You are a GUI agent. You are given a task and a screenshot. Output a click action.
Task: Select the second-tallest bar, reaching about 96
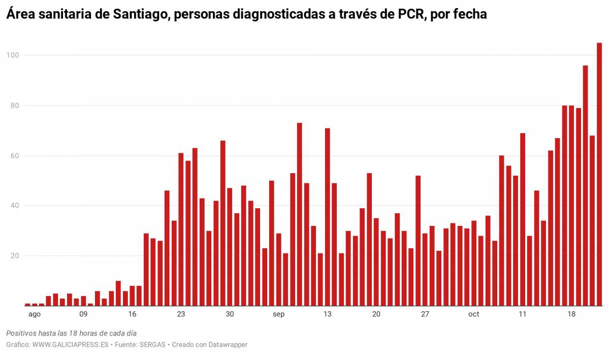(x=585, y=185)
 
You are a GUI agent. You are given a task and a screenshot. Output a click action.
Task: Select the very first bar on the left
(x=27, y=305)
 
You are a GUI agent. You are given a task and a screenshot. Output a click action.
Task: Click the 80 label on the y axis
(x=14, y=106)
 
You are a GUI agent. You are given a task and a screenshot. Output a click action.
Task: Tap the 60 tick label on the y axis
(x=14, y=156)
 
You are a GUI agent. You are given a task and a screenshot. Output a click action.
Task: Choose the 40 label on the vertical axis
(x=14, y=206)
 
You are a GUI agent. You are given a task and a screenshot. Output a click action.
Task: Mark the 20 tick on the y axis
(x=14, y=256)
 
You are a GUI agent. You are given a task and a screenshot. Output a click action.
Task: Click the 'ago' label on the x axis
(x=34, y=314)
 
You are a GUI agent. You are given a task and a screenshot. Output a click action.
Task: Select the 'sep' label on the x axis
(x=278, y=314)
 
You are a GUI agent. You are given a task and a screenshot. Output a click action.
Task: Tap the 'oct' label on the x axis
(x=473, y=314)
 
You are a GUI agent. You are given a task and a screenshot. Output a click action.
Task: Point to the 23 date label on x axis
(x=181, y=314)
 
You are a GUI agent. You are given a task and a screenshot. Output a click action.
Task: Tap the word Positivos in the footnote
(x=22, y=333)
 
